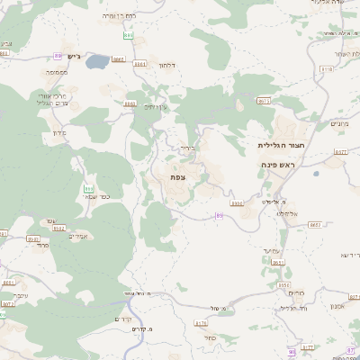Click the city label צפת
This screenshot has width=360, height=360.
(177, 177)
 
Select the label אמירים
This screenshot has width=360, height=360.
(77, 237)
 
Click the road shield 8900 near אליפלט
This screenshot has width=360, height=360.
(237, 203)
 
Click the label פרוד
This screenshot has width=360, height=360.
(42, 245)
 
